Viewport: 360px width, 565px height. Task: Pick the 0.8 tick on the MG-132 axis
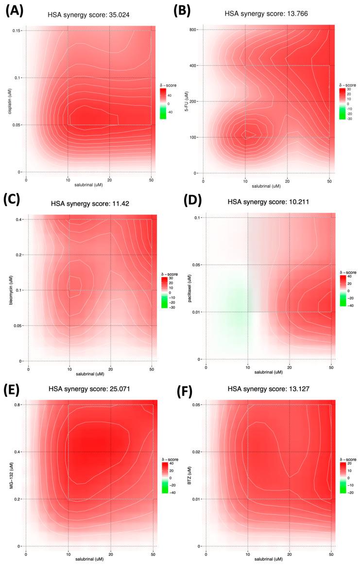[19, 405]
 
